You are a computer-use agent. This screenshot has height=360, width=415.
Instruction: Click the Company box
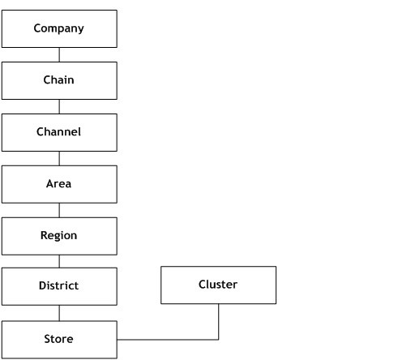(x=59, y=28)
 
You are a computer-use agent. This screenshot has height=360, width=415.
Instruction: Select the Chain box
(x=59, y=80)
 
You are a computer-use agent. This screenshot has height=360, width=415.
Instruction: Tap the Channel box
(x=59, y=131)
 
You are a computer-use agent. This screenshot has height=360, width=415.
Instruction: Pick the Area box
(x=59, y=184)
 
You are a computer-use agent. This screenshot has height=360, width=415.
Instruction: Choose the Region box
(x=59, y=236)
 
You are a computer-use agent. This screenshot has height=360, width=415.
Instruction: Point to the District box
(x=59, y=286)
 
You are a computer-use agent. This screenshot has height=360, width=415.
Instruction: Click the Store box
(x=59, y=339)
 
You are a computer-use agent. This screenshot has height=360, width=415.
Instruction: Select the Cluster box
(x=218, y=285)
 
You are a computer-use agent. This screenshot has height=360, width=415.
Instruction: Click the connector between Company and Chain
(x=59, y=54)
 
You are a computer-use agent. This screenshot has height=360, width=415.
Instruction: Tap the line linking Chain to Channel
(x=59, y=106)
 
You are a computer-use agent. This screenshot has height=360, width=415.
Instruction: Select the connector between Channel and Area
(x=59, y=158)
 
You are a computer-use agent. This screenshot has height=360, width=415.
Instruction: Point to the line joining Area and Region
(x=59, y=210)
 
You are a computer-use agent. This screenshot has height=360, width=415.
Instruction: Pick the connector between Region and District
(x=59, y=261)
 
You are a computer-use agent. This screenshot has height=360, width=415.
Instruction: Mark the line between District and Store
(x=59, y=313)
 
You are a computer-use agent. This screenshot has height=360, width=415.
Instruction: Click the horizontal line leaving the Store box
(x=166, y=339)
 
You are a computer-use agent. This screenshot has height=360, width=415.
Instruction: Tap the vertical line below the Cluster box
(x=219, y=321)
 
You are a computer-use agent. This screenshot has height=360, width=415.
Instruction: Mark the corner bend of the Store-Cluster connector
(x=219, y=339)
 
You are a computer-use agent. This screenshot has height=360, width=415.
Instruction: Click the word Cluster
(x=218, y=284)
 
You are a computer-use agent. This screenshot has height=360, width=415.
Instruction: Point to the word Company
(x=59, y=28)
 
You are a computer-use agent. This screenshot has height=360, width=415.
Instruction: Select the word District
(x=59, y=286)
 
